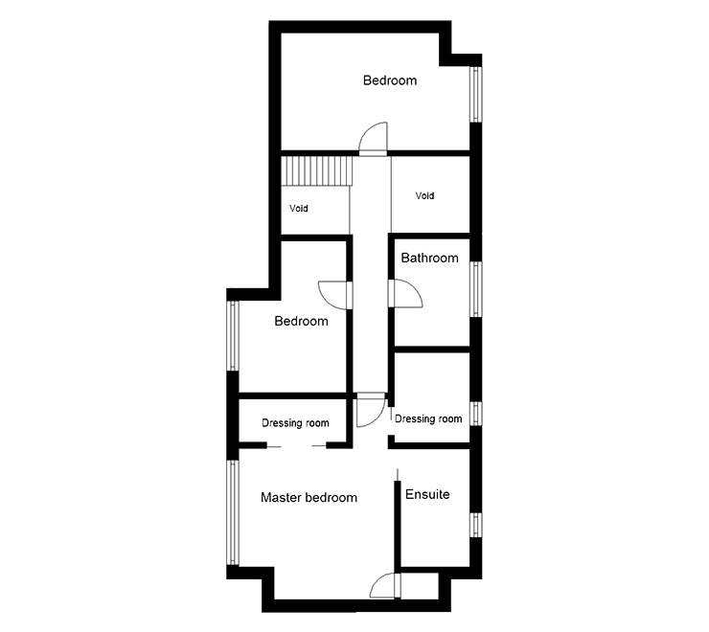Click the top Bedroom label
tap(390, 80)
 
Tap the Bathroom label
tap(429, 258)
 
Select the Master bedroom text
tap(309, 498)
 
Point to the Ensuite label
tap(427, 494)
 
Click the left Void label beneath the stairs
tap(299, 208)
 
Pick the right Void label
tap(424, 195)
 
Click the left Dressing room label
tap(296, 423)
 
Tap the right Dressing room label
tap(428, 418)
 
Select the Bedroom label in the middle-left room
tap(301, 321)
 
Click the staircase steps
tap(317, 172)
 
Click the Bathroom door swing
tap(403, 292)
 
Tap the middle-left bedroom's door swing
tap(334, 293)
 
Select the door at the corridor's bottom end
tap(367, 410)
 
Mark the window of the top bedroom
tap(473, 94)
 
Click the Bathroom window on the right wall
tap(474, 288)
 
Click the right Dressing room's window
tap(474, 414)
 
